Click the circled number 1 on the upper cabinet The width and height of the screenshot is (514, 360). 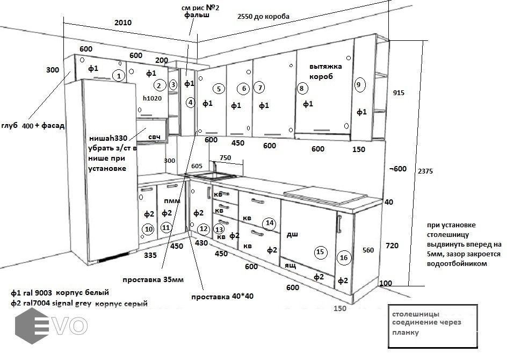[118, 76]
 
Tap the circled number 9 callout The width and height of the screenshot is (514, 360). [359, 84]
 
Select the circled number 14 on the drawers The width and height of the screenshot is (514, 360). [269, 222]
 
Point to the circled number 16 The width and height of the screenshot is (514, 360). [344, 258]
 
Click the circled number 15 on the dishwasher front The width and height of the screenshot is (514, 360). [320, 251]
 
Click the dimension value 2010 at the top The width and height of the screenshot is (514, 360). [122, 23]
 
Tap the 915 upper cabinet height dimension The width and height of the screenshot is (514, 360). [399, 92]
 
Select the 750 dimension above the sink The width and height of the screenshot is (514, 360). [225, 157]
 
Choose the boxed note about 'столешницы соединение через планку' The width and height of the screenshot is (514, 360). [433, 323]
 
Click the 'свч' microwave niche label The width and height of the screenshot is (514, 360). [155, 137]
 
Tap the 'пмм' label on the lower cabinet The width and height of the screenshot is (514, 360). [172, 200]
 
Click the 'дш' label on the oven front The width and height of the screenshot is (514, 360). [292, 234]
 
